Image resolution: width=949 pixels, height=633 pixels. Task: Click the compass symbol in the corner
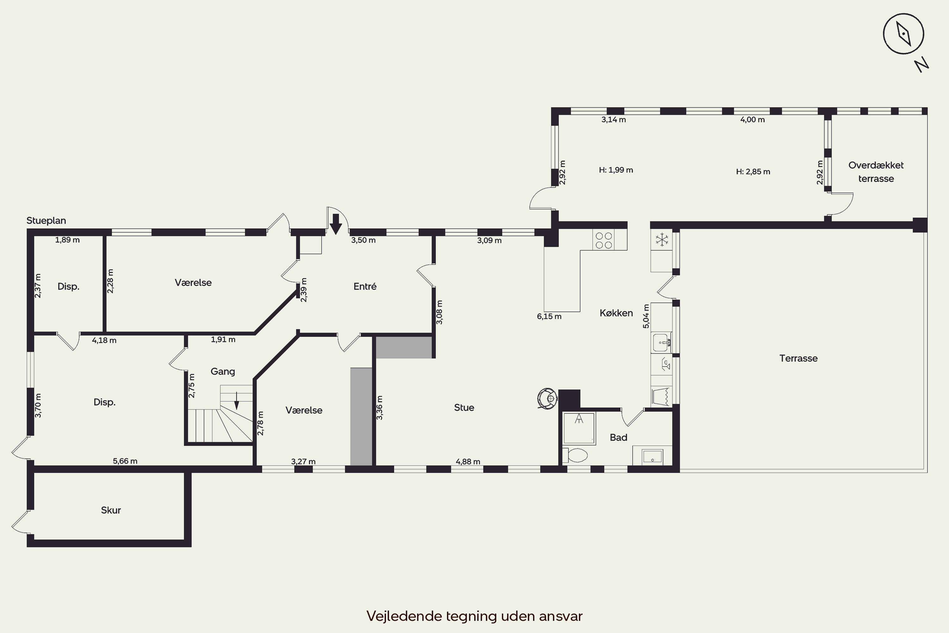point(903,34)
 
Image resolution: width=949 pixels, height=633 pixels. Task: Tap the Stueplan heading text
point(46,220)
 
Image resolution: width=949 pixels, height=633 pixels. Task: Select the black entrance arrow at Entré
point(336,224)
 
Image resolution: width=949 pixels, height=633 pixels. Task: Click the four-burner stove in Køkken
point(604,240)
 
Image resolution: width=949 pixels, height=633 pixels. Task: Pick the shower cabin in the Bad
point(579,428)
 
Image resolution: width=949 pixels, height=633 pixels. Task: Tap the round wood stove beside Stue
point(548,398)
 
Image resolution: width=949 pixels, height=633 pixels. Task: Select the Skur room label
point(111,510)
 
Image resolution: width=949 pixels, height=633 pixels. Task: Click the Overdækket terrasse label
point(876,172)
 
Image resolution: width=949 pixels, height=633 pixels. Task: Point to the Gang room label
point(223,371)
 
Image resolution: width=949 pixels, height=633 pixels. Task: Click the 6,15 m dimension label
point(549,316)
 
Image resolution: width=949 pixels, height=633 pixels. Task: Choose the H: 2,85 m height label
point(753,172)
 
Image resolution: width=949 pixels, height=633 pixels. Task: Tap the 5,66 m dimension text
point(125,461)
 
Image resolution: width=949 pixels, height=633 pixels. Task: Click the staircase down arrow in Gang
point(237,400)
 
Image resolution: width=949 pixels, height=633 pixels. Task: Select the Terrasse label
point(798,359)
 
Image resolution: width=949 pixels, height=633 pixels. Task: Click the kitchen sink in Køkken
point(661,342)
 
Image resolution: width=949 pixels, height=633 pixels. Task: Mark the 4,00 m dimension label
point(753,120)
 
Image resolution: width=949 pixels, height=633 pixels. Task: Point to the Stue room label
point(464,408)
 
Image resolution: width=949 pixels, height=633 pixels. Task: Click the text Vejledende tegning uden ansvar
point(475,616)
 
